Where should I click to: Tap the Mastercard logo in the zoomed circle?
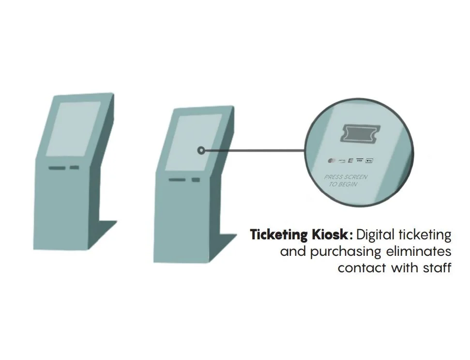coord(331,160)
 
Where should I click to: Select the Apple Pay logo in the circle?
coord(369,160)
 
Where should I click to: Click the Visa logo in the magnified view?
coord(359,160)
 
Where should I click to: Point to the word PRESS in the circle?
coord(334,177)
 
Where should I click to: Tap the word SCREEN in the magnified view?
coord(355,177)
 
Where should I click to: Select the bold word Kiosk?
coord(329,235)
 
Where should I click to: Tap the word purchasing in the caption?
coord(346,252)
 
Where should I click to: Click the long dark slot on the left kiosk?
coord(57,169)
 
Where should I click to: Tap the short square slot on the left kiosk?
coord(74,168)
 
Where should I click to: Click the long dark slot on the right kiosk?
coord(177,180)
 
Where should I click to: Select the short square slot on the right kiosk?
coord(195,180)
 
